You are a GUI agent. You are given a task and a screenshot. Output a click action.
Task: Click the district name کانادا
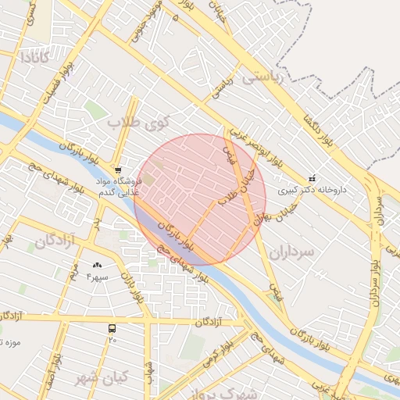(34, 57)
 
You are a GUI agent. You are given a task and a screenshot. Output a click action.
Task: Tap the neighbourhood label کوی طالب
(138, 122)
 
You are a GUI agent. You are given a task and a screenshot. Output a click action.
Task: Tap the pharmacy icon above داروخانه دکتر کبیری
(313, 177)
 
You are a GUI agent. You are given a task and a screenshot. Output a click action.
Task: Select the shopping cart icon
(117, 170)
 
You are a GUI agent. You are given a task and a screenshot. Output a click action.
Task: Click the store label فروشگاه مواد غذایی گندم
(117, 186)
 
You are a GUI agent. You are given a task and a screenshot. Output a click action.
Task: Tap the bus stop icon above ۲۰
(112, 329)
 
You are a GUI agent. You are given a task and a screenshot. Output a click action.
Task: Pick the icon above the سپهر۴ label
(97, 266)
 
